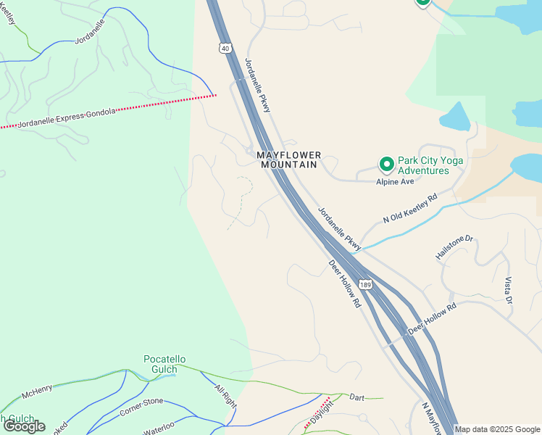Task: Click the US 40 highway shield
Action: [227, 48]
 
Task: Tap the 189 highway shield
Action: [365, 285]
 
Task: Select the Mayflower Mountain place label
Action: [288, 159]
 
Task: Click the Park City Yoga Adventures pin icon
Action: [387, 165]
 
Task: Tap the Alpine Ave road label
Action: [394, 182]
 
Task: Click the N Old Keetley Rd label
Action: [411, 208]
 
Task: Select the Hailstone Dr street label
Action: [454, 248]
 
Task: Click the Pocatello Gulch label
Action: [164, 364]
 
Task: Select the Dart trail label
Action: [357, 397]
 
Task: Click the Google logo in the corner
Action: [24, 426]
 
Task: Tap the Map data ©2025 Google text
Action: [497, 429]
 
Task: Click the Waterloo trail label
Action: [159, 426]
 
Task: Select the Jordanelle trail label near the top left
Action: [91, 32]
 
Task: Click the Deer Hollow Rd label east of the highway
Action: [432, 318]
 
